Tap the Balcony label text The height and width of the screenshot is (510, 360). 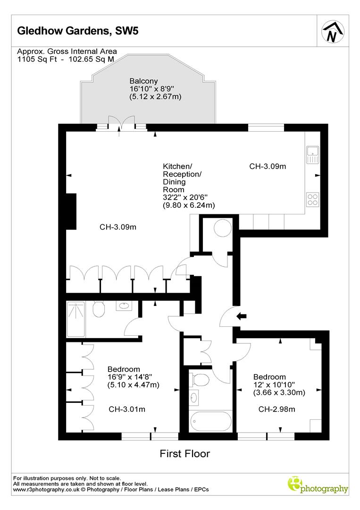click(144, 81)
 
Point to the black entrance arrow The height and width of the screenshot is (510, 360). click(241, 316)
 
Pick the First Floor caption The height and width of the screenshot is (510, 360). click(184, 454)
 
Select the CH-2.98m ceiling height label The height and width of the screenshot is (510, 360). click(276, 409)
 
